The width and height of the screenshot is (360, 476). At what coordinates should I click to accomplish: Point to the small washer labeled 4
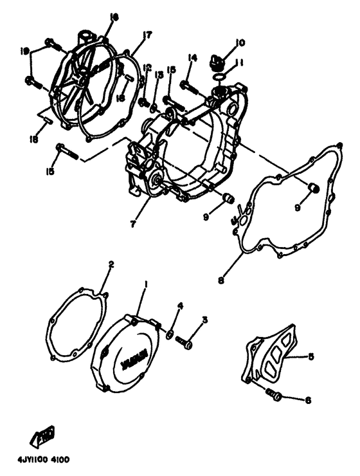click(169, 334)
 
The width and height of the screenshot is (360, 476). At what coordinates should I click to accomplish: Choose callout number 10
click(240, 43)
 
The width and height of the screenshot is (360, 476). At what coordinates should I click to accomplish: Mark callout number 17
click(147, 35)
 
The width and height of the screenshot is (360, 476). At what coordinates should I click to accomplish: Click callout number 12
click(147, 67)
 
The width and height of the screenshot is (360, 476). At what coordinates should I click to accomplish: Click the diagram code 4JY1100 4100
click(40, 460)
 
